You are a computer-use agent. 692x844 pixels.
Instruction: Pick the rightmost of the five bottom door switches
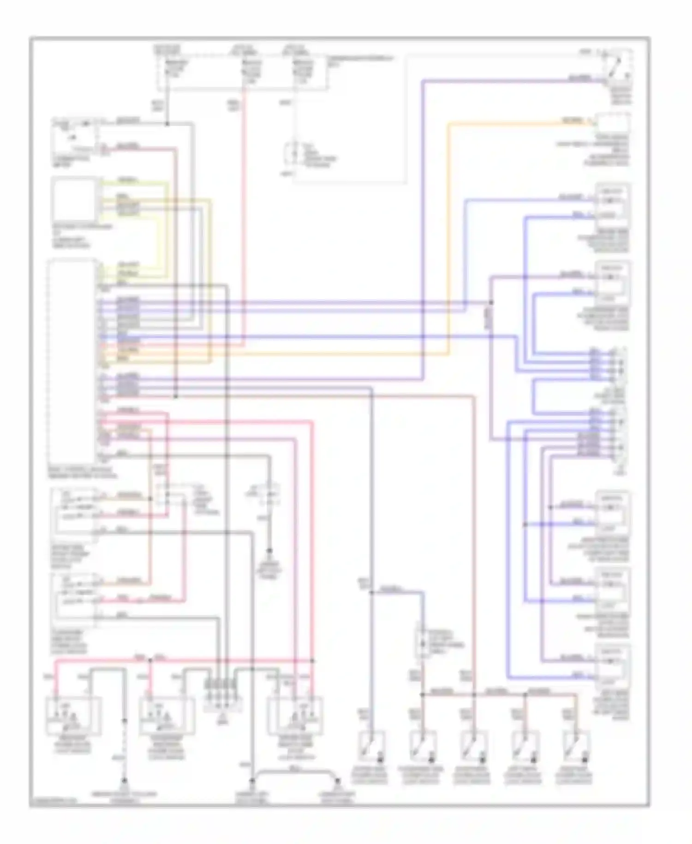click(577, 745)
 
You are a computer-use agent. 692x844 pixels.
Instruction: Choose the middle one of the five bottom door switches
click(474, 745)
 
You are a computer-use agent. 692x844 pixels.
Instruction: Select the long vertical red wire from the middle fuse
click(243, 208)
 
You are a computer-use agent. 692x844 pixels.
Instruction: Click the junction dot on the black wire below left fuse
click(167, 124)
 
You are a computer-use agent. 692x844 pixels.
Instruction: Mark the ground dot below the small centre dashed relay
click(270, 551)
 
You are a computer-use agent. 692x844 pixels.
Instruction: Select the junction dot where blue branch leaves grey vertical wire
click(372, 593)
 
